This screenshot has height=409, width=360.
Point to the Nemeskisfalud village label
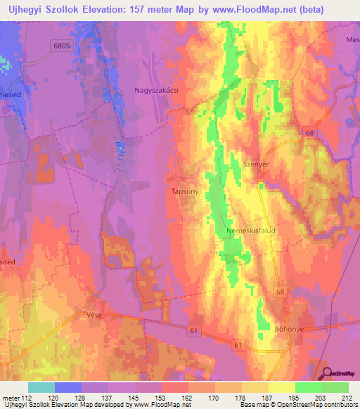point(251,230)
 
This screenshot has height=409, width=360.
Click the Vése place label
point(94,315)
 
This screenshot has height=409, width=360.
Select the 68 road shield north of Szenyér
point(309,133)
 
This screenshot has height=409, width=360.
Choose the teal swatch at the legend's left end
point(41,387)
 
